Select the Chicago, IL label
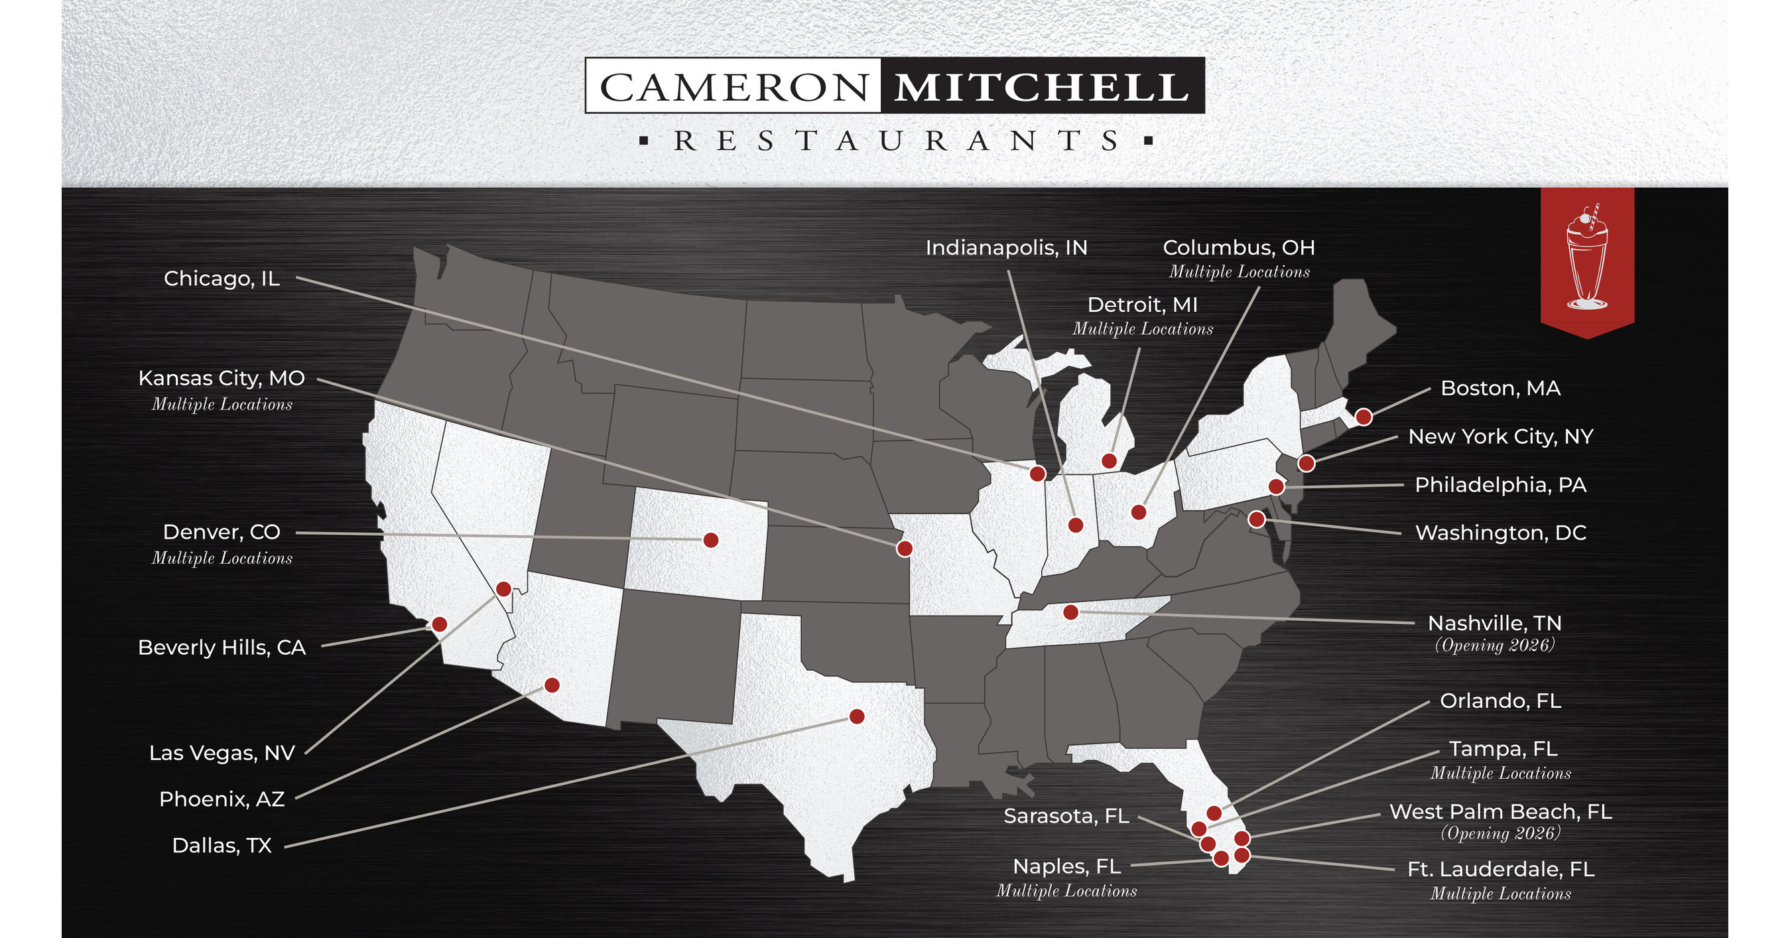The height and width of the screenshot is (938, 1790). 222,279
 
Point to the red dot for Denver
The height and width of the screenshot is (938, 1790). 710,540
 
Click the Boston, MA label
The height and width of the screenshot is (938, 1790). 1500,389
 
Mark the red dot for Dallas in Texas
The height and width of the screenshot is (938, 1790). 857,716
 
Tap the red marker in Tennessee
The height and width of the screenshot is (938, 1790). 1071,612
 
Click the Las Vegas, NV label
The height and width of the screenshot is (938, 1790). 222,752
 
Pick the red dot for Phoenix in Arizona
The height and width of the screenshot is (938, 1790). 552,685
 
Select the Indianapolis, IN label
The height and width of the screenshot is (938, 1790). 1006,248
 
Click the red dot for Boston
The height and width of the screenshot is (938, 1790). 1364,417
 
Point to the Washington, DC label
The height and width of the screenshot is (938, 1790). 1501,533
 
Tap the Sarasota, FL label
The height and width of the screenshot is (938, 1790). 1066,816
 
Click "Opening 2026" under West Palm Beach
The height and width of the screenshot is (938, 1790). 1500,833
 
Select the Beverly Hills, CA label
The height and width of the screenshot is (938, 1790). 222,647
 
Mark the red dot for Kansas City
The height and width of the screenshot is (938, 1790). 904,548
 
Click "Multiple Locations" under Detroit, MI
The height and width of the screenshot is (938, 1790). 1142,328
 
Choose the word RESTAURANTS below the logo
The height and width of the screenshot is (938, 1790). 895,141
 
